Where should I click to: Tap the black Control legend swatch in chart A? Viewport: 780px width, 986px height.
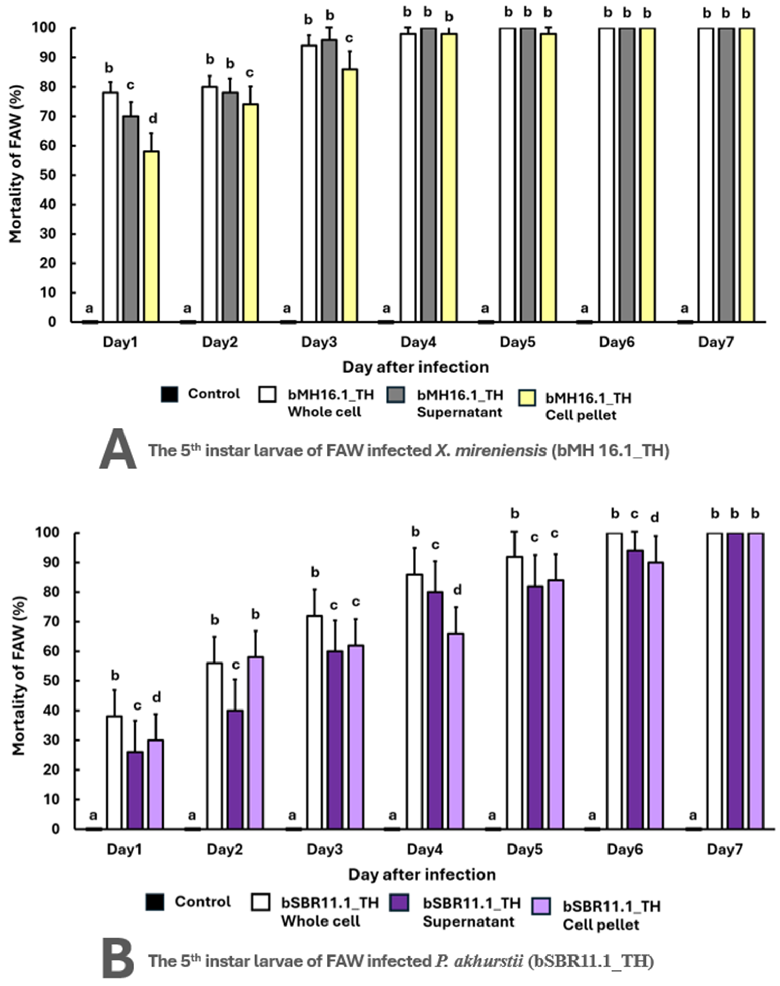[x=169, y=394]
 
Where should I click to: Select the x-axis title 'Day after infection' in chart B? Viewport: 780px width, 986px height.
[x=422, y=875]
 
